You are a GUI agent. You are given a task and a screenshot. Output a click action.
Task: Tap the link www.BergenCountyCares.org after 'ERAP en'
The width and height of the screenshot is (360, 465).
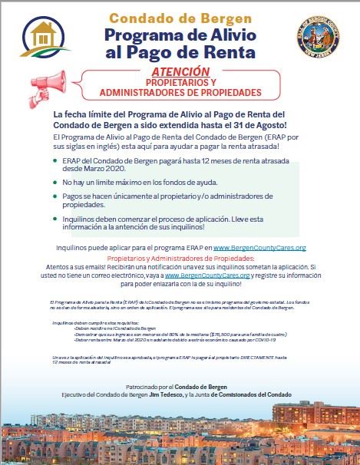pyautogui.click(x=260, y=248)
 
